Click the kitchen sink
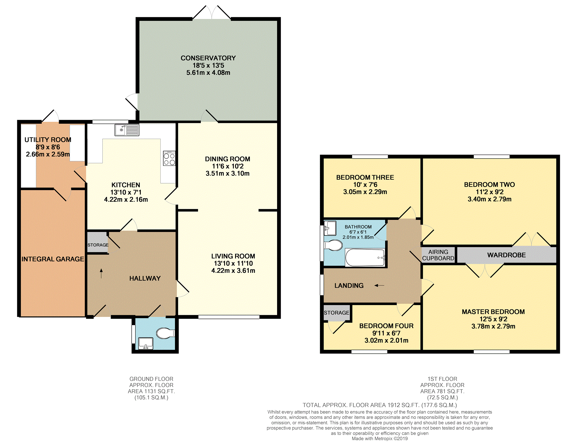click(127, 130)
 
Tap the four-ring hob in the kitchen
click(169, 158)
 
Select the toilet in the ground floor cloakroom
click(166, 333)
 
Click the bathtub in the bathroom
click(365, 257)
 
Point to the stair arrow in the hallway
click(101, 273)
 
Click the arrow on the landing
click(379, 285)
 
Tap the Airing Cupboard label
click(438, 255)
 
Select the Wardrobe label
click(506, 255)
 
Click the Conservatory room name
click(208, 58)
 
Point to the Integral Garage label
click(53, 259)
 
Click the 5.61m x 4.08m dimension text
click(208, 73)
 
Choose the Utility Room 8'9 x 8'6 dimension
click(48, 147)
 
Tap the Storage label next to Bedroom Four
click(337, 313)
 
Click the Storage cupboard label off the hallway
click(98, 245)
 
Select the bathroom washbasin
click(330, 228)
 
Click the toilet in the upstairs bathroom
click(333, 245)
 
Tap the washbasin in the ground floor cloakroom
click(146, 344)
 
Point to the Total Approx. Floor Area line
click(380, 405)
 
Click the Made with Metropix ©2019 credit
click(380, 439)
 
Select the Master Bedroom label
click(493, 312)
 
